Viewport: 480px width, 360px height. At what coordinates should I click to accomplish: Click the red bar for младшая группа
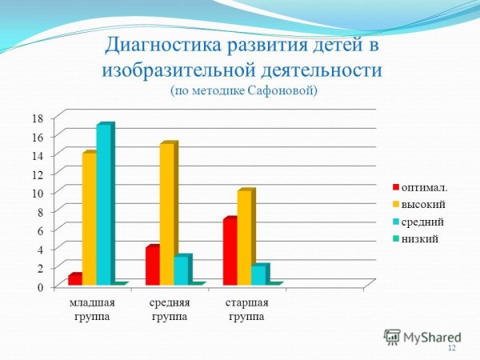coord(75,279)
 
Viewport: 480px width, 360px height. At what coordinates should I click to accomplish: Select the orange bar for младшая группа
coord(90,218)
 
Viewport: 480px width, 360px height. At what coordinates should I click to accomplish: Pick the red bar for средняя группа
coord(152,266)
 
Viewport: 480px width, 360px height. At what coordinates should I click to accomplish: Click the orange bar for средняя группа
coord(167,214)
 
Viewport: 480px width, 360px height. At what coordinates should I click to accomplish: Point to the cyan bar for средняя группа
coord(182,270)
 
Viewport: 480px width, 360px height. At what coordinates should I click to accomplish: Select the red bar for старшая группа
coord(230,251)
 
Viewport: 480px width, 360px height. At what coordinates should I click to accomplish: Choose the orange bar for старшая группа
coord(245,237)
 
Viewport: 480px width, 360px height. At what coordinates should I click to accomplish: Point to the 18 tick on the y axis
coord(37,118)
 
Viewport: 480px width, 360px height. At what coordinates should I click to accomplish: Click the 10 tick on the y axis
coord(37,193)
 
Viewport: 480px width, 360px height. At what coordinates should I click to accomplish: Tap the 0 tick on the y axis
coord(39,286)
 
